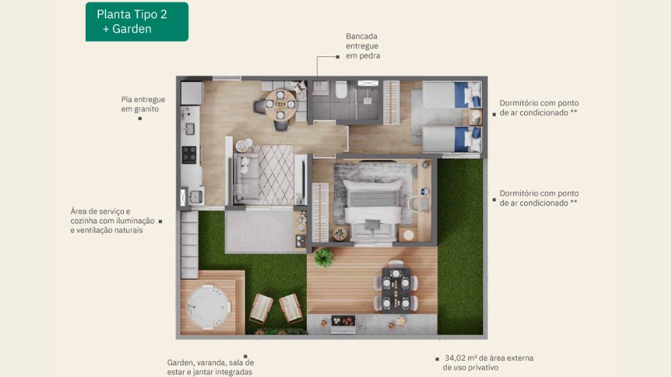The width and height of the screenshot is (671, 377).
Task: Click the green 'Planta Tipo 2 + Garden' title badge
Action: (x=137, y=22)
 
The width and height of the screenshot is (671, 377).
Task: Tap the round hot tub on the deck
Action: (x=208, y=306)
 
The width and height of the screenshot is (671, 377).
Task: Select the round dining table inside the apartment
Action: (x=280, y=104)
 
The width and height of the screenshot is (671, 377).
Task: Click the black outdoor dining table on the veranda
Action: (x=396, y=291)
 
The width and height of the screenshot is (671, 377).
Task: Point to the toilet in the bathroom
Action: (x=341, y=89)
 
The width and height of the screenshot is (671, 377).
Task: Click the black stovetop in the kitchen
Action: (x=189, y=154)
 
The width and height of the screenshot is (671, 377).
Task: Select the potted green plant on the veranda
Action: (x=324, y=257)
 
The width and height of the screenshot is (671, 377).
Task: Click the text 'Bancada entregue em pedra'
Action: (x=363, y=46)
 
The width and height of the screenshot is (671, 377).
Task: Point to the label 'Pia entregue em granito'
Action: (x=143, y=104)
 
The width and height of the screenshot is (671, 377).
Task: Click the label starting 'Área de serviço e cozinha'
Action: (x=113, y=221)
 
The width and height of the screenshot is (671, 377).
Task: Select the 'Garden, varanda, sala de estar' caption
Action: (x=210, y=367)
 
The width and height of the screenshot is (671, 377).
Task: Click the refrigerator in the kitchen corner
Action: (x=192, y=93)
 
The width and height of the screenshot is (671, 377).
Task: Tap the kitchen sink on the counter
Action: (x=189, y=128)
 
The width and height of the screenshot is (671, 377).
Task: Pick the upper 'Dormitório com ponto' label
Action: (x=539, y=108)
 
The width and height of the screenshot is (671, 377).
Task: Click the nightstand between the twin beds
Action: (x=475, y=117)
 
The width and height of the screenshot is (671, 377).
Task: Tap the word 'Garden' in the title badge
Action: (x=132, y=29)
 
